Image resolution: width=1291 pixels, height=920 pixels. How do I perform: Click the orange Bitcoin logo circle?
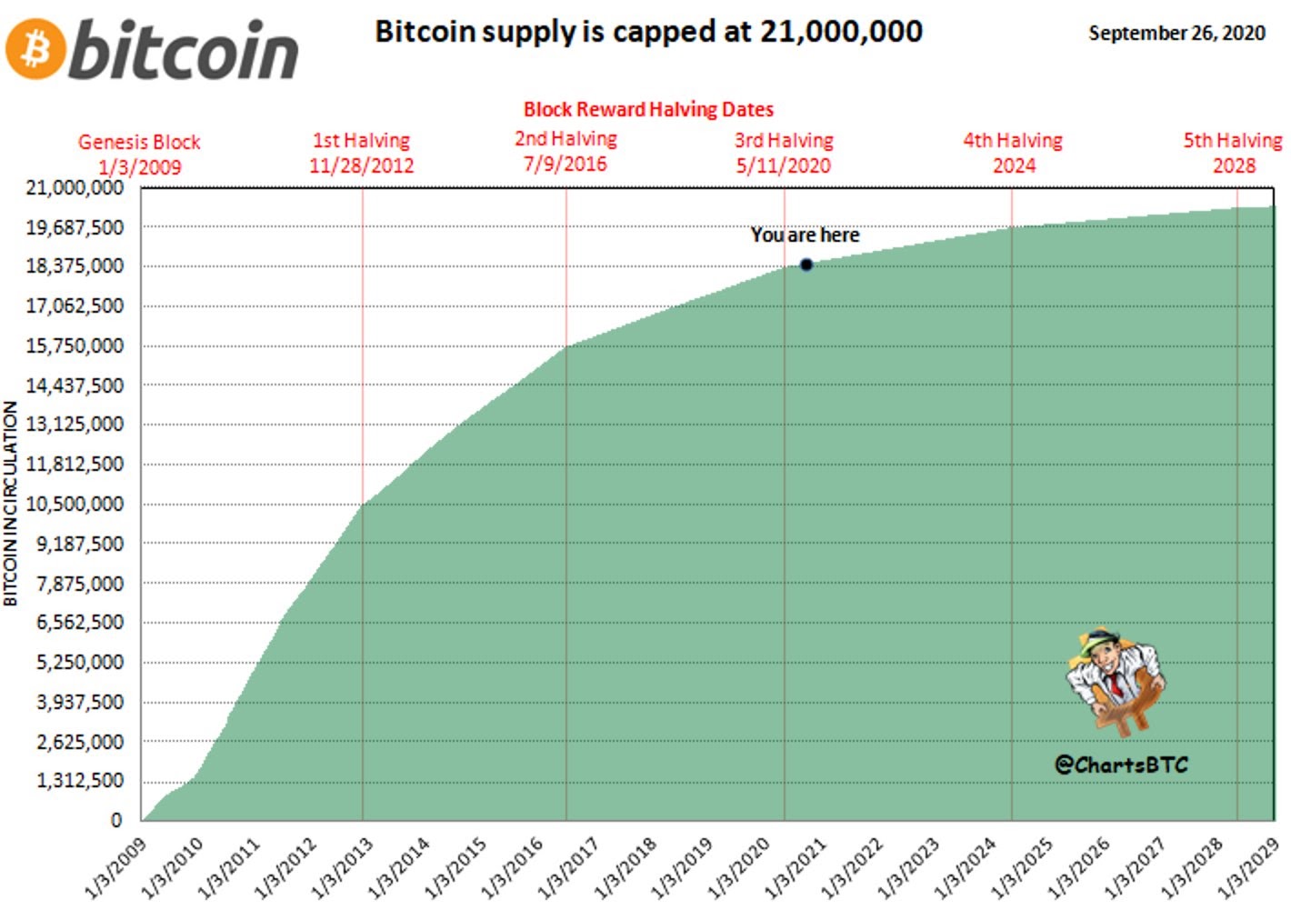35,49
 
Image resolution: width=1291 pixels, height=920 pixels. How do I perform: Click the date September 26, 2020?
1176,34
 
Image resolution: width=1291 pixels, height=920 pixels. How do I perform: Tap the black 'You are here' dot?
806,265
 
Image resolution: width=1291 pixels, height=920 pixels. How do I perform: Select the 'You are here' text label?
805,235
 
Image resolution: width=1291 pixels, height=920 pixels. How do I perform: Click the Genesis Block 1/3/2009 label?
139,155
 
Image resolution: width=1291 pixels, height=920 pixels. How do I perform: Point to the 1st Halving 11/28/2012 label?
361,153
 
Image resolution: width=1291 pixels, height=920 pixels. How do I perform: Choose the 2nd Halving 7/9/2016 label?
565,151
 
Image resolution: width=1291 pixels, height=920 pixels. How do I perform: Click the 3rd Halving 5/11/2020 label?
784,153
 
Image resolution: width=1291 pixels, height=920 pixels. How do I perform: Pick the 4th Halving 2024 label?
1013,153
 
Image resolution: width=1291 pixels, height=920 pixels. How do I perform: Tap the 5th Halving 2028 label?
1233,153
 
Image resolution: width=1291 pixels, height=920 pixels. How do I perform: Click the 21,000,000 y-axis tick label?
75,187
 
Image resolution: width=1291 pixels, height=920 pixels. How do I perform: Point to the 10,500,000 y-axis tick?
75,504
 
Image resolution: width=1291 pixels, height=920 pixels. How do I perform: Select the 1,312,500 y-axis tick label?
80,780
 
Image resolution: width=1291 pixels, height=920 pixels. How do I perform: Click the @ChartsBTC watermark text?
1121,765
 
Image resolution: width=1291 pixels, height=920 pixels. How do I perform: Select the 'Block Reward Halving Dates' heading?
648,110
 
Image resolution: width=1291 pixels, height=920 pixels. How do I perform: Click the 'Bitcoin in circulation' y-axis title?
11,503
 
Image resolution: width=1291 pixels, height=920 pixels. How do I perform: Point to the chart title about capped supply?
648,32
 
